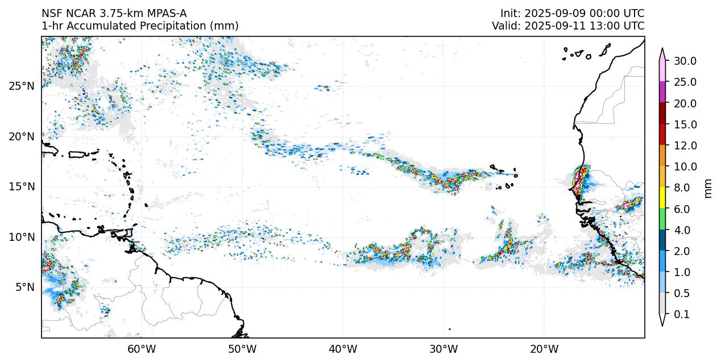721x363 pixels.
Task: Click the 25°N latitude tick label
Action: click(x=21, y=86)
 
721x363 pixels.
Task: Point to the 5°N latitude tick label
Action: click(x=23, y=287)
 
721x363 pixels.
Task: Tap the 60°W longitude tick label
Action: click(x=142, y=348)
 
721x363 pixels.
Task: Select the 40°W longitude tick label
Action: click(x=343, y=348)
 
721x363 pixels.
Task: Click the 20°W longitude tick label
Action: click(x=544, y=348)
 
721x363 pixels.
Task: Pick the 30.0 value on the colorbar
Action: click(x=685, y=61)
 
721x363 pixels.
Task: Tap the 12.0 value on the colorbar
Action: click(x=685, y=145)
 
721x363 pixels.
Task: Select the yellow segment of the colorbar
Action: click(x=662, y=198)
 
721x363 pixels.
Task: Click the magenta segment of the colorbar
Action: click(x=662, y=92)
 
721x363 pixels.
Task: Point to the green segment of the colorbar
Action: click(x=662, y=219)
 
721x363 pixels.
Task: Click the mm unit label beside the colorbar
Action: click(x=708, y=188)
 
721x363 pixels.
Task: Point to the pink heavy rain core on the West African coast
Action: click(x=579, y=181)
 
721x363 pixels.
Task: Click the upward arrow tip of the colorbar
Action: click(x=662, y=49)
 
